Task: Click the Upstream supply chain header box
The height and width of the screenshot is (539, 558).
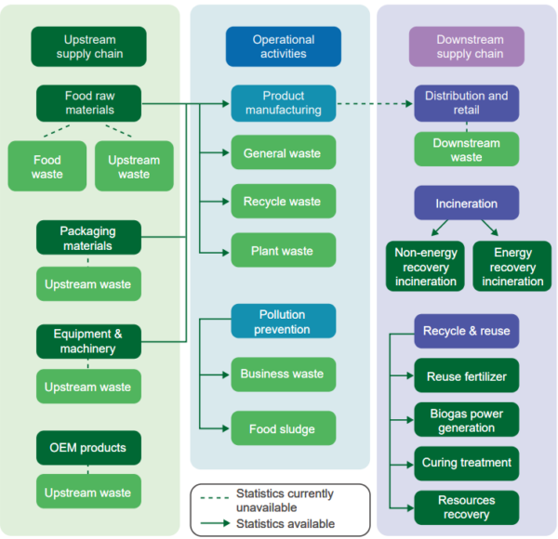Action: tap(89, 46)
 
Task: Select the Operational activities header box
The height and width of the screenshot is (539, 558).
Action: tap(283, 46)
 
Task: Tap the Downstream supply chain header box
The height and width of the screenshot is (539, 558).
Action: tap(467, 46)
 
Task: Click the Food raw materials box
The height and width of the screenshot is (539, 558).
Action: tap(89, 103)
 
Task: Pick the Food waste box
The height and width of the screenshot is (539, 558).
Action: tap(46, 166)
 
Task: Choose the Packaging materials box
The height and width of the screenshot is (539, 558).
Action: tap(89, 238)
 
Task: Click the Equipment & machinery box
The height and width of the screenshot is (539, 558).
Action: tap(89, 341)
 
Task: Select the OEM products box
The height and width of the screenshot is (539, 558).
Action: tap(89, 448)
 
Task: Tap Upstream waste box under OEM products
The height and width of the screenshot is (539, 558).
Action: tap(89, 492)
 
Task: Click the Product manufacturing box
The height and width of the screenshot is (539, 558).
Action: tap(283, 103)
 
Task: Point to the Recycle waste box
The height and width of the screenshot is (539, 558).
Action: tap(283, 202)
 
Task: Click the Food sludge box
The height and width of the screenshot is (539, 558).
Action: tap(283, 429)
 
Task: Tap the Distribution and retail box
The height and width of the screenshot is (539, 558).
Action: tap(467, 103)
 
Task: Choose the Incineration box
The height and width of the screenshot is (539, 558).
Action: tap(467, 204)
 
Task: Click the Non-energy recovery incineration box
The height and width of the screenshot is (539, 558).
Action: tap(426, 267)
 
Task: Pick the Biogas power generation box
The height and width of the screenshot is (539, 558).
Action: tap(467, 420)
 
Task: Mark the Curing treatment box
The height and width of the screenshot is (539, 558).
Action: tap(467, 463)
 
